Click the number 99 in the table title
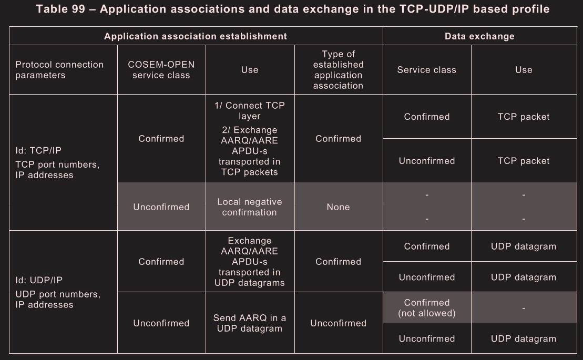click(x=78, y=9)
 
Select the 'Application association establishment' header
click(x=196, y=36)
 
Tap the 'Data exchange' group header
click(x=479, y=36)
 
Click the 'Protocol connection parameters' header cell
click(x=59, y=70)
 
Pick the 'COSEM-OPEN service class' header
click(x=161, y=70)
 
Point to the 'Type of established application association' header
click(x=339, y=70)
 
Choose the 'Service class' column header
click(x=426, y=70)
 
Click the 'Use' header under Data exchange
click(x=524, y=70)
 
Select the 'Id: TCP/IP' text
click(x=38, y=150)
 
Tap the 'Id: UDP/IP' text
click(x=39, y=280)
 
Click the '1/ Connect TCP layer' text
click(x=250, y=111)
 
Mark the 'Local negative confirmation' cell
click(x=250, y=207)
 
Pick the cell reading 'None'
click(x=339, y=207)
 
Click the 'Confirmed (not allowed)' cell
click(x=427, y=308)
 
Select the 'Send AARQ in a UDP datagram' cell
click(x=250, y=323)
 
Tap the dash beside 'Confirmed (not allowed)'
click(x=524, y=308)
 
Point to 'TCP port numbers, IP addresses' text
click(x=57, y=170)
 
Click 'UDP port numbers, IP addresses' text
click(x=58, y=300)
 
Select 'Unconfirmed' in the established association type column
click(x=339, y=323)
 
